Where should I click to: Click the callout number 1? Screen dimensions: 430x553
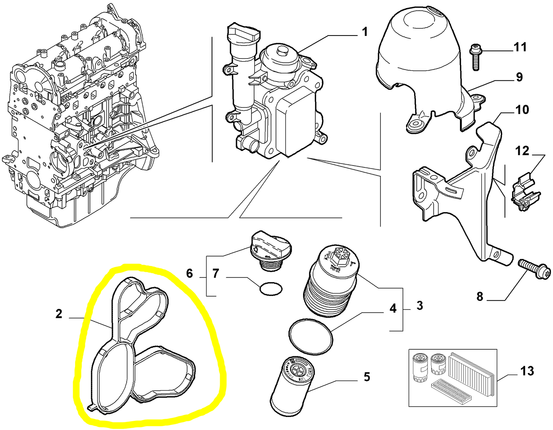coord(365,32)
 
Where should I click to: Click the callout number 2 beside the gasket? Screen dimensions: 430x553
coord(59,314)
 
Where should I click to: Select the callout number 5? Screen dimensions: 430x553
coord(367,377)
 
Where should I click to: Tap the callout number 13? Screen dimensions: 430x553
coord(527,371)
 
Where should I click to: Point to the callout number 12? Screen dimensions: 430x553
coord(522,151)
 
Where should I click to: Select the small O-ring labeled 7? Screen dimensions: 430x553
coord(271,289)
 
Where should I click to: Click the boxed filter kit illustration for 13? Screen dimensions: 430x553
coord(453,377)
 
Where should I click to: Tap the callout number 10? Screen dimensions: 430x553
coord(522,110)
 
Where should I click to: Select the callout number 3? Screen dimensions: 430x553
coord(419,305)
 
